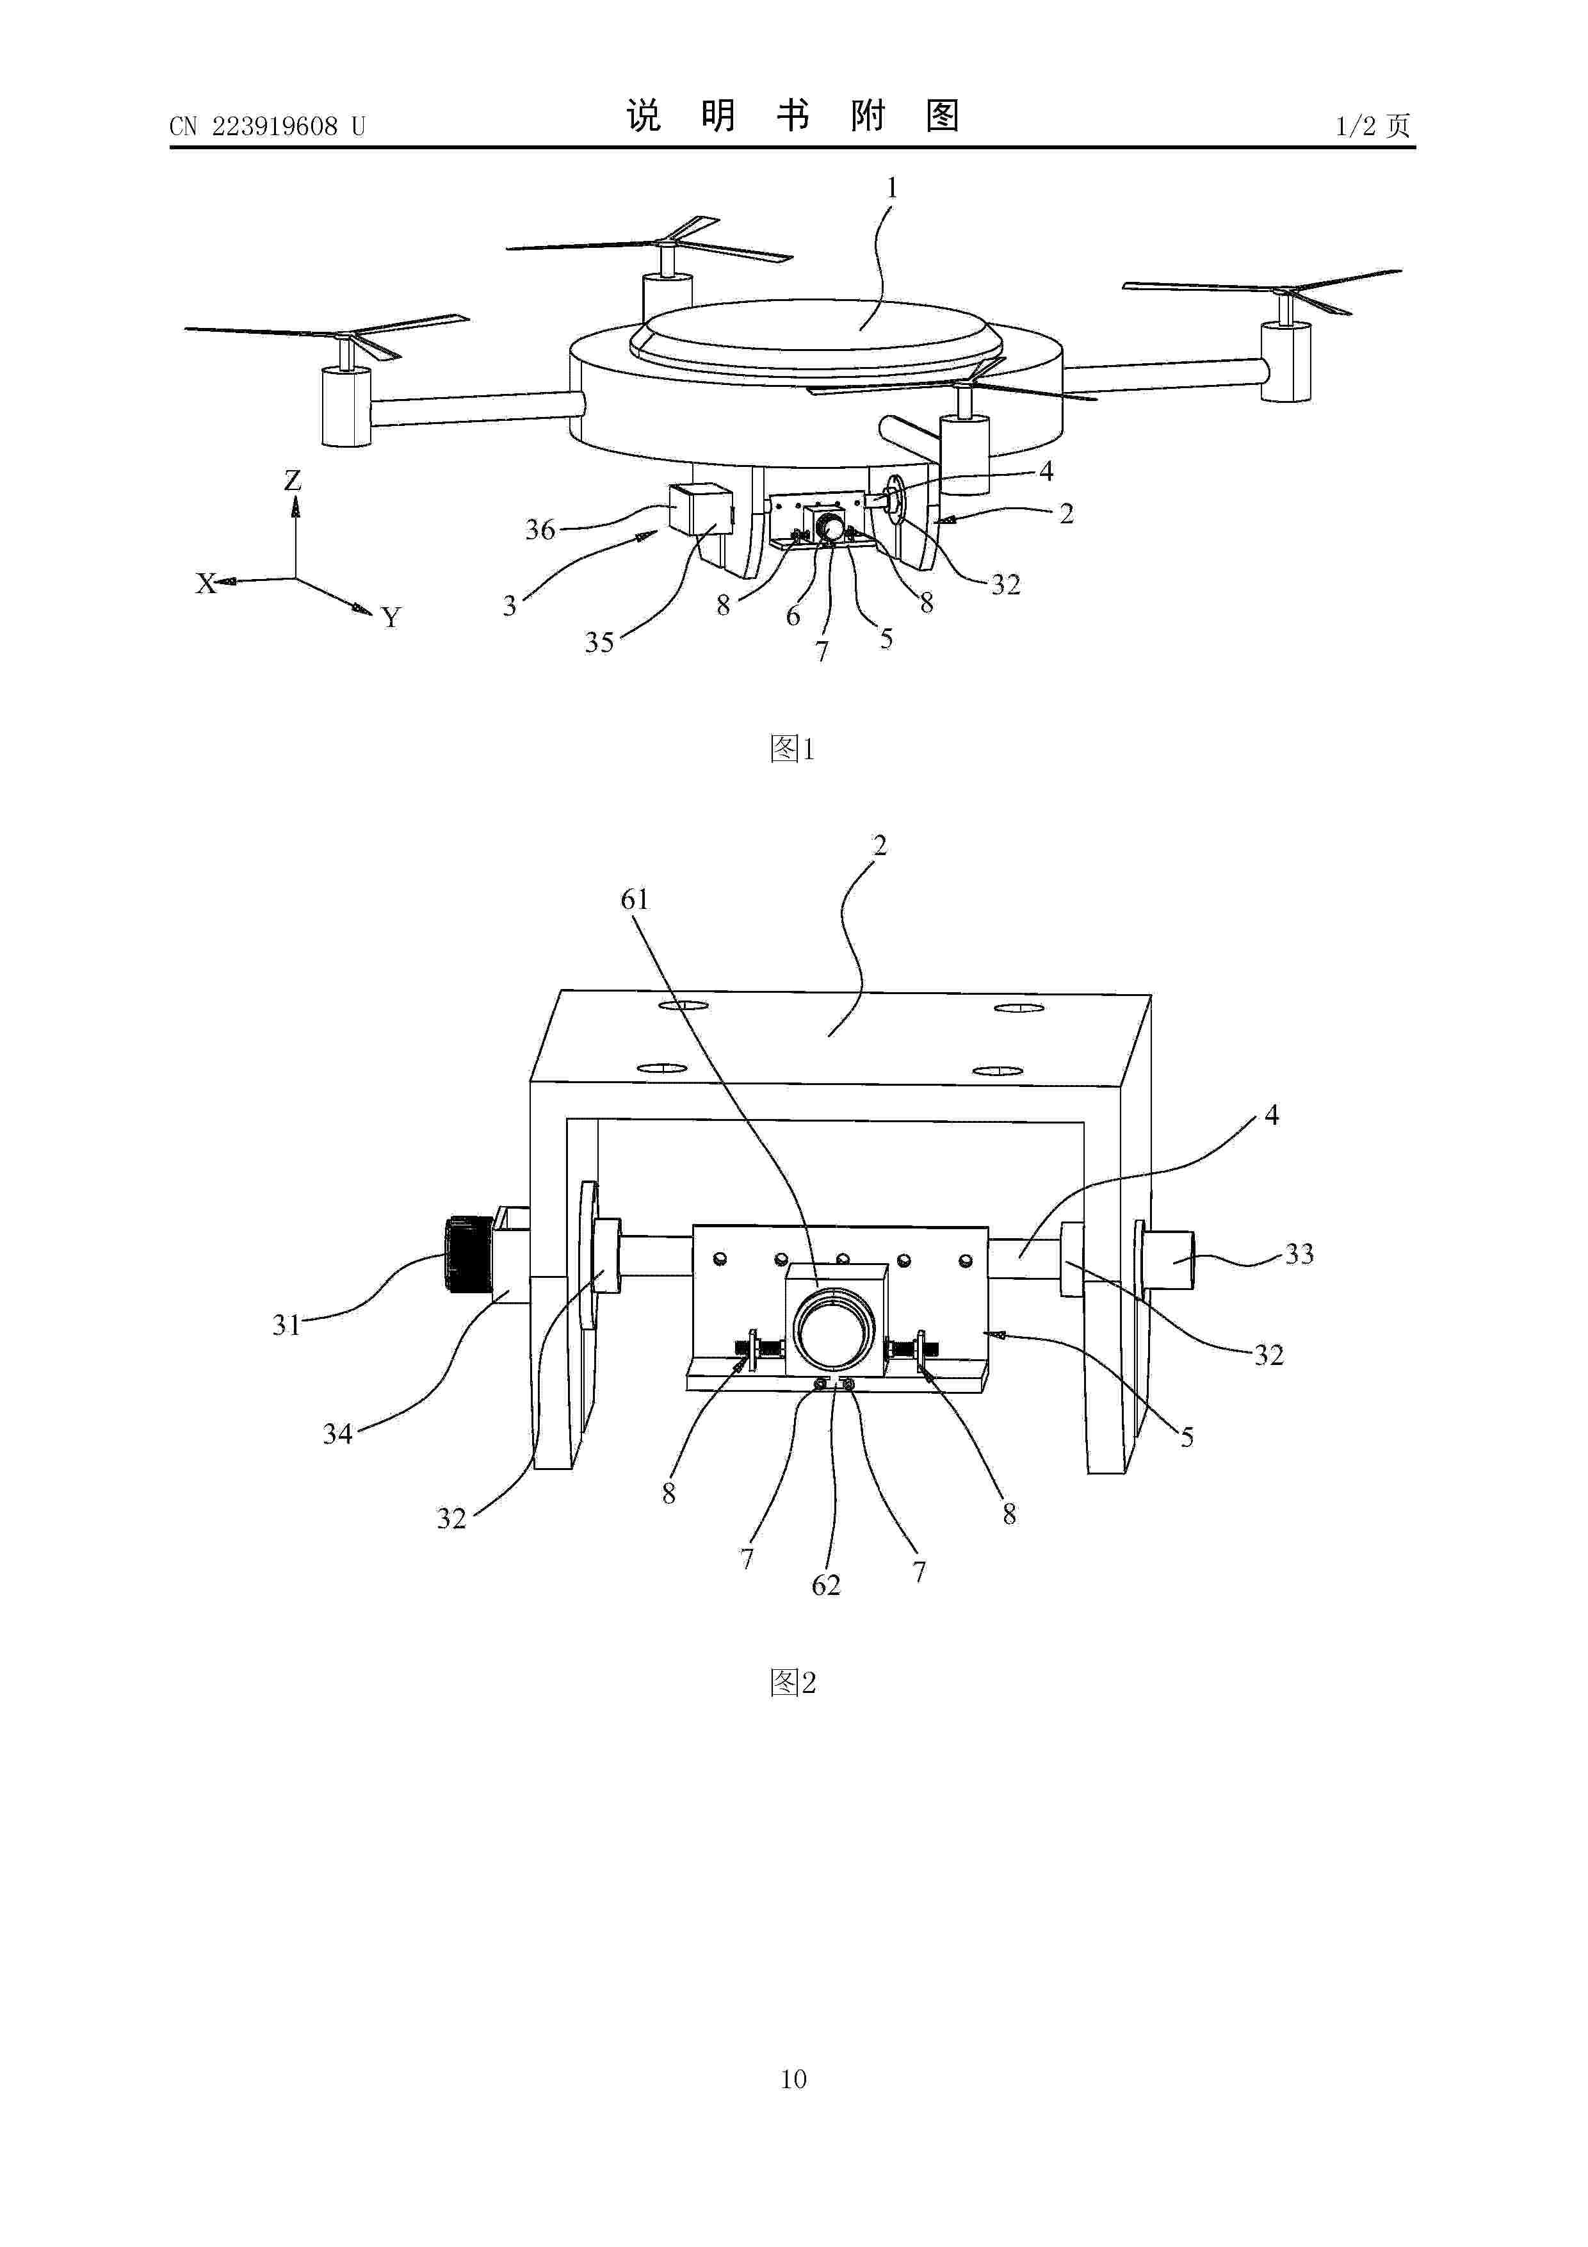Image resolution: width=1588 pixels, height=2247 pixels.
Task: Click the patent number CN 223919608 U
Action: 267,126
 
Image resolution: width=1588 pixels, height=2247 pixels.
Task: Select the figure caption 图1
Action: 793,749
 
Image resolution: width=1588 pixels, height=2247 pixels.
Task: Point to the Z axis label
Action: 293,480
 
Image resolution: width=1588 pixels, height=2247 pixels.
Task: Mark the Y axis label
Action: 391,617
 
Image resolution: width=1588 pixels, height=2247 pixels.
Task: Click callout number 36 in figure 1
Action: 540,530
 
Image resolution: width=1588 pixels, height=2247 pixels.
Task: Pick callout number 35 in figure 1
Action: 599,642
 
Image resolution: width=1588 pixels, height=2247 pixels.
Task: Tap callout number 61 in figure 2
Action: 635,899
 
